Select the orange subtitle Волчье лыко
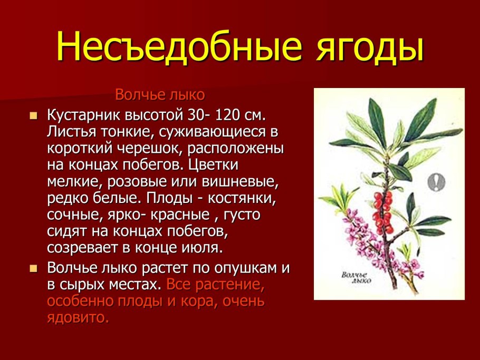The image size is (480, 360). point(159,95)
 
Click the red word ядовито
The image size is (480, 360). point(78,318)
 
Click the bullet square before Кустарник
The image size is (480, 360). point(34,115)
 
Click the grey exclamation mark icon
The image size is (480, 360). point(436,182)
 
